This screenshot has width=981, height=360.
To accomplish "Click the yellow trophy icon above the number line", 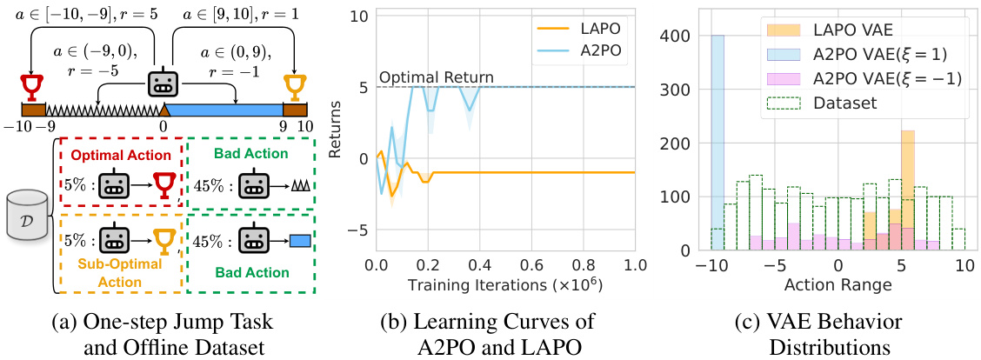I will click(x=296, y=88).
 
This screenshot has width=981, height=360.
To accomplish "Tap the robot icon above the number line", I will click(x=164, y=85).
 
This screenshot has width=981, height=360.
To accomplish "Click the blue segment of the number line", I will click(x=224, y=110).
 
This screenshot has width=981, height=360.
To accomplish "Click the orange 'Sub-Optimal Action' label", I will click(x=119, y=271).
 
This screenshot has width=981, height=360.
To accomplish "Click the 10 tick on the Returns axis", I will click(x=358, y=16).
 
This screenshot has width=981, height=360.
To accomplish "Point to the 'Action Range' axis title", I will click(x=838, y=284).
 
